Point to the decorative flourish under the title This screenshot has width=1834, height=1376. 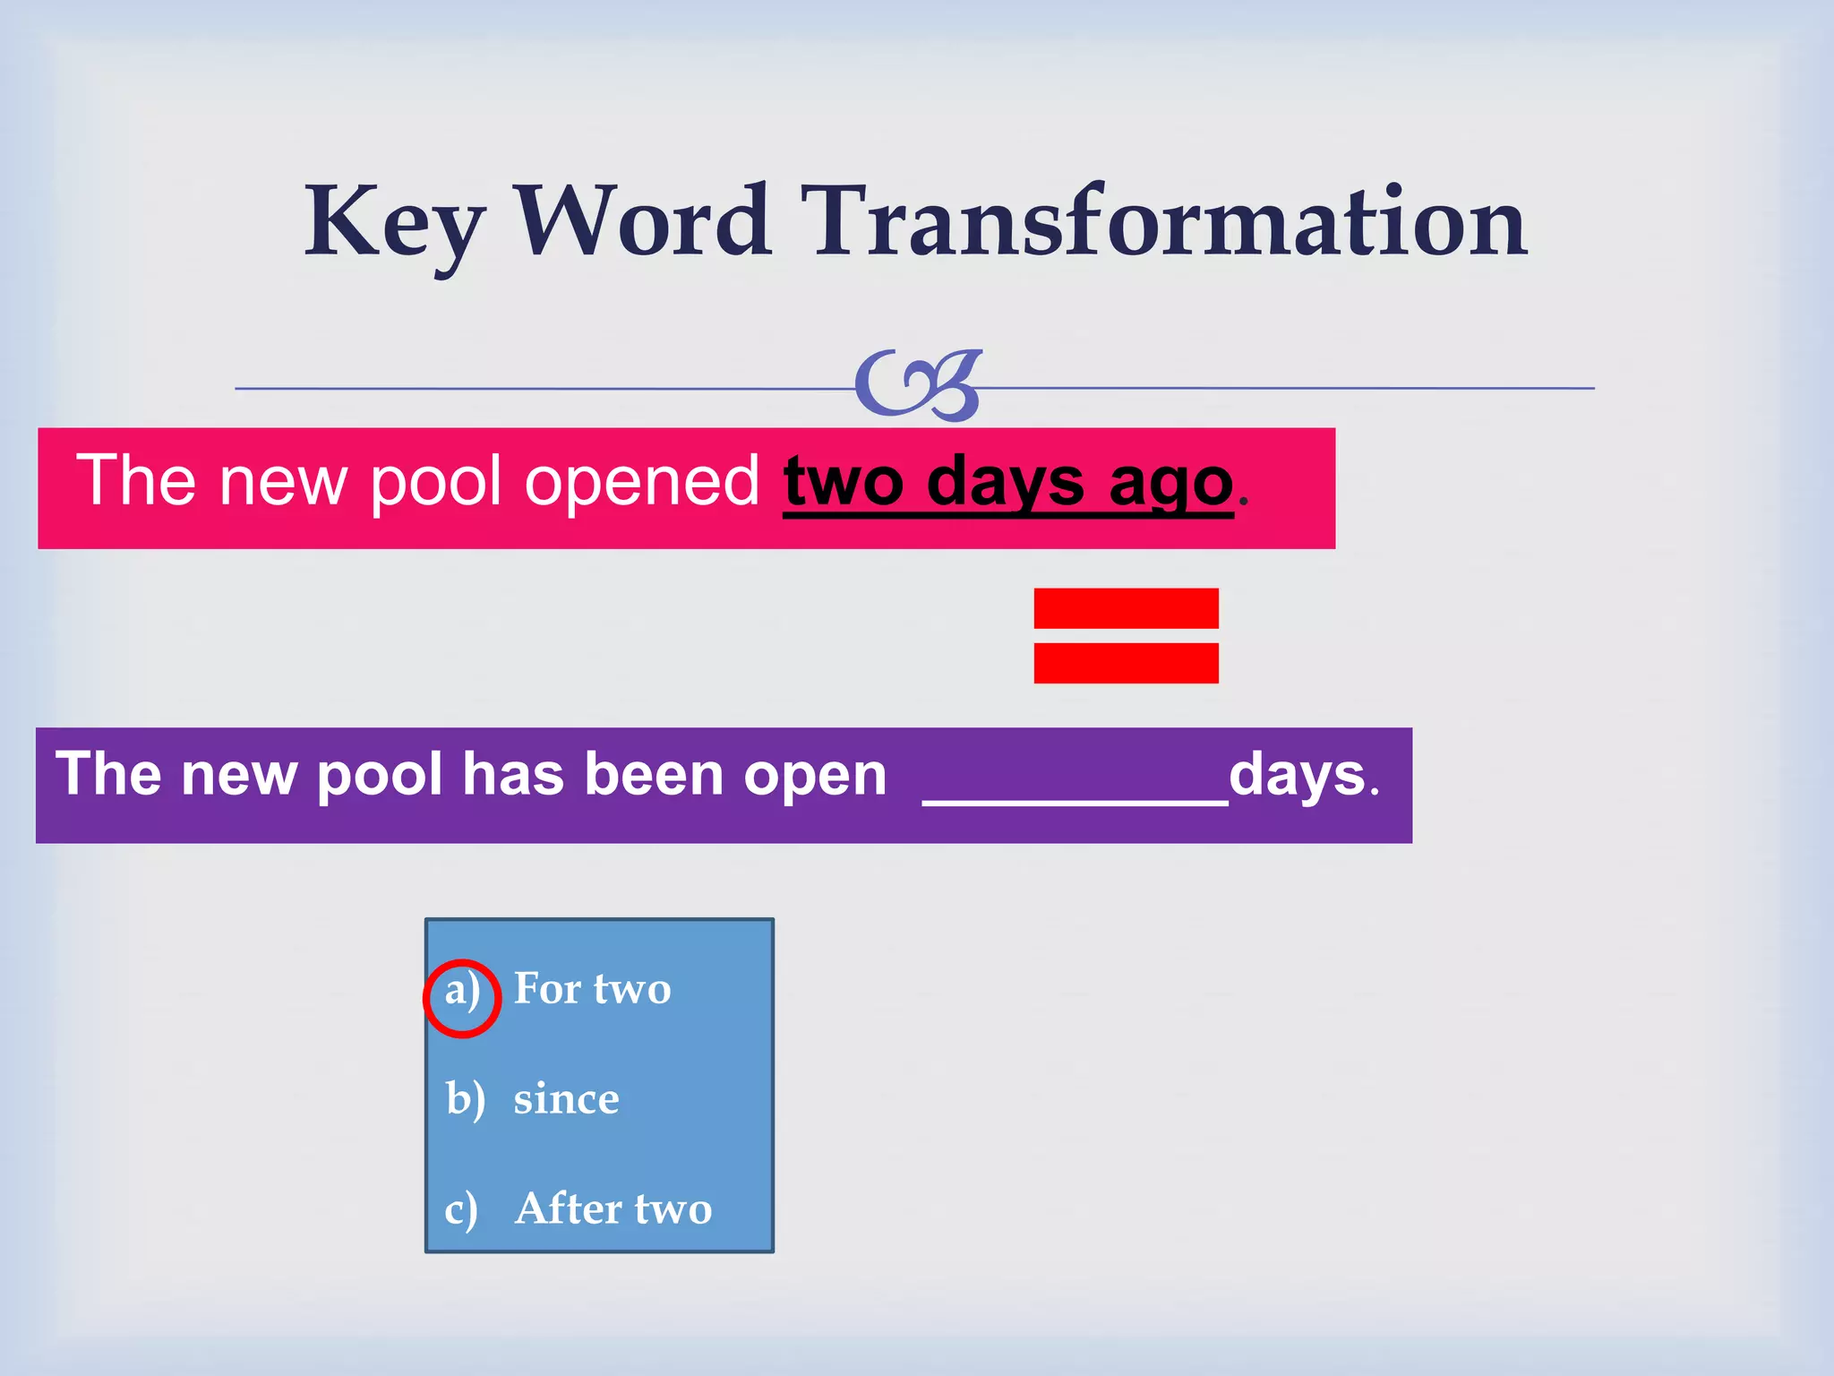[x=919, y=385]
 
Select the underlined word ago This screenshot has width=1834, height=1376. [x=1170, y=485]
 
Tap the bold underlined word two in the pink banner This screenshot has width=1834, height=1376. [x=844, y=483]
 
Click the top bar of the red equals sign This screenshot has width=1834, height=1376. [x=1126, y=608]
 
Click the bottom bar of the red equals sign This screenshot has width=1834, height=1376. [x=1126, y=663]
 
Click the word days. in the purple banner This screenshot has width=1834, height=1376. [x=1304, y=775]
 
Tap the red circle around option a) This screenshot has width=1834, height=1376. [x=462, y=998]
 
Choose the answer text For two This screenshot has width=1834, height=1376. [x=592, y=989]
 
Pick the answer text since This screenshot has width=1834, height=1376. [x=566, y=1100]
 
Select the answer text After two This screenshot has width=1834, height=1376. [x=613, y=1209]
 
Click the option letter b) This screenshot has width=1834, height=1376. [x=465, y=1099]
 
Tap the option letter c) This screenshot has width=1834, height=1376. [x=461, y=1210]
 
